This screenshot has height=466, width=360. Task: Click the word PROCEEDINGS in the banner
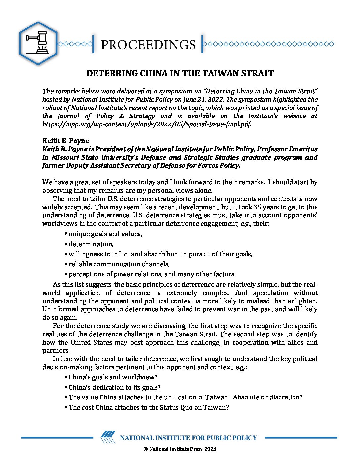(148, 45)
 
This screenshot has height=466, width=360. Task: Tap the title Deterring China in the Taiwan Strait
(180, 73)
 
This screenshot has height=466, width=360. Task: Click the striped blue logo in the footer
(108, 437)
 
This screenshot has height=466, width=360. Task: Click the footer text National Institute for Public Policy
(188, 438)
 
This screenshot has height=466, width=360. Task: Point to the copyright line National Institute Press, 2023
(180, 449)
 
